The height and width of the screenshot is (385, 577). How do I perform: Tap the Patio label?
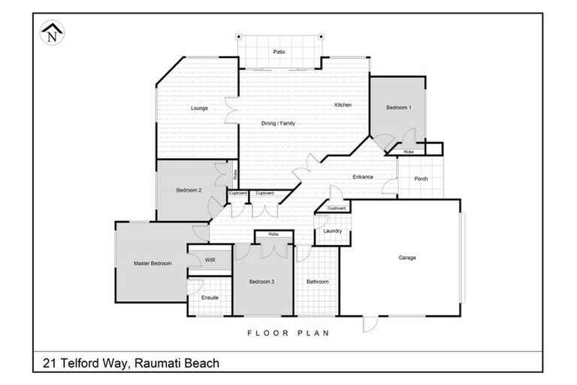[278, 52]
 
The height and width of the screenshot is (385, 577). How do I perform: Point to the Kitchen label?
[343, 105]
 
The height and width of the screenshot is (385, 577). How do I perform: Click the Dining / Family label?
[278, 123]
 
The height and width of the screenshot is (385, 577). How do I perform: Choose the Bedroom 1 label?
[398, 108]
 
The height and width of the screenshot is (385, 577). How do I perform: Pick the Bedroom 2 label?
[189, 190]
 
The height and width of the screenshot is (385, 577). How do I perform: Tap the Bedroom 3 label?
[261, 282]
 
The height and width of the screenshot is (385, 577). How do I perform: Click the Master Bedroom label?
[153, 263]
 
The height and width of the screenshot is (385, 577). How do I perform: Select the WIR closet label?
[210, 260]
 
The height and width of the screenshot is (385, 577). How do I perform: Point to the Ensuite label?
[210, 298]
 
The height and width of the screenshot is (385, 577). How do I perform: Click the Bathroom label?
[317, 282]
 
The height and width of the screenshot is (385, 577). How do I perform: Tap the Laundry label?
[332, 231]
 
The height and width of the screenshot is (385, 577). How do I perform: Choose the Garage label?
[406, 257]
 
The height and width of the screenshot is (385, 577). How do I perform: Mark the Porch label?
[421, 179]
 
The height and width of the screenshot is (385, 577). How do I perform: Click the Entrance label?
[364, 177]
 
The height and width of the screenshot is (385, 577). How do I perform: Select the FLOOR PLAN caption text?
[288, 332]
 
